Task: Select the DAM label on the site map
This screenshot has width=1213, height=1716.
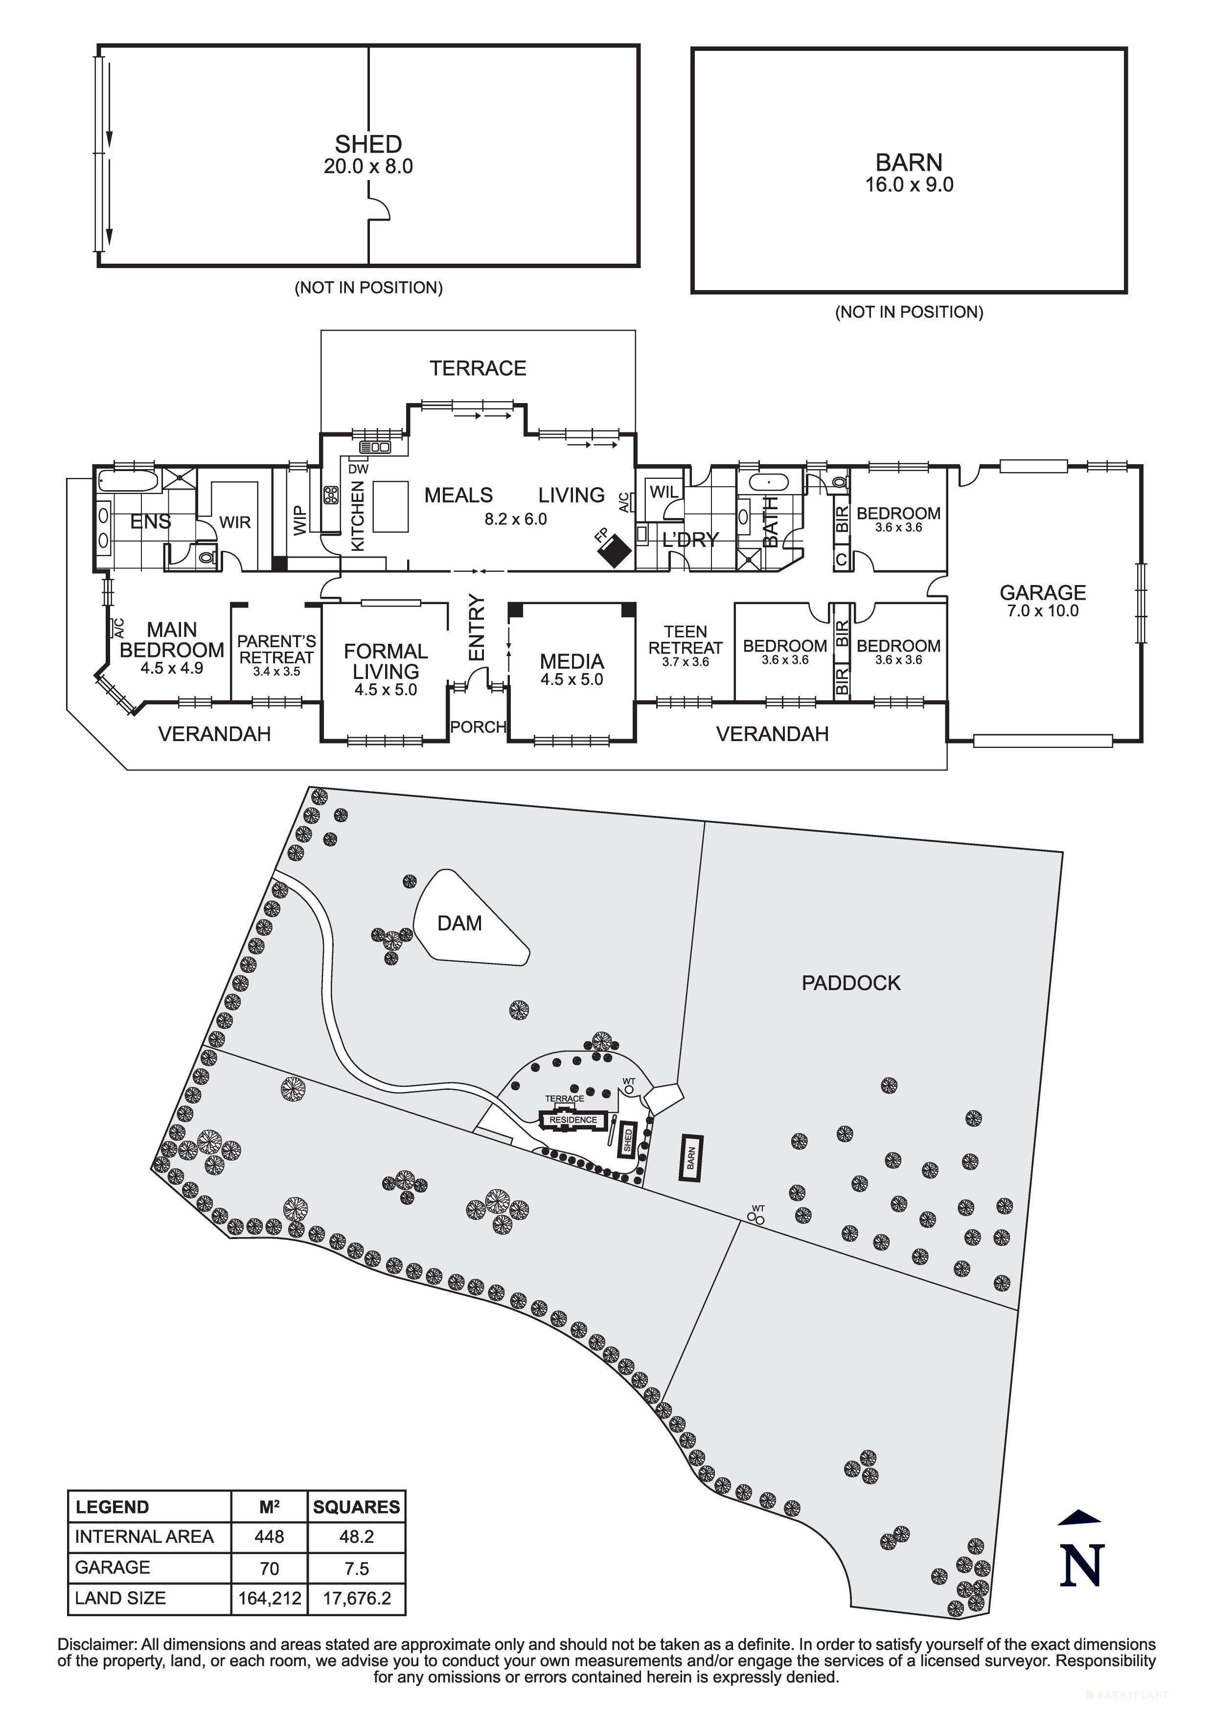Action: click(459, 924)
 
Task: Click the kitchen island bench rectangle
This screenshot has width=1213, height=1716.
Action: click(391, 506)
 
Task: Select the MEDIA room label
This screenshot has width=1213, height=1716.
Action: click(572, 661)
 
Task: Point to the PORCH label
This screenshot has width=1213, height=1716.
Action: click(479, 726)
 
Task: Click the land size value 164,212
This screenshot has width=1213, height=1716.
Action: click(269, 1599)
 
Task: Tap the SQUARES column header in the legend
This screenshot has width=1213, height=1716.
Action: click(357, 1507)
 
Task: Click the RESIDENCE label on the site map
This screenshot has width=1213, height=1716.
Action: click(573, 1120)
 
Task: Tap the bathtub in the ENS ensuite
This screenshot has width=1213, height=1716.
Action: click(128, 480)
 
